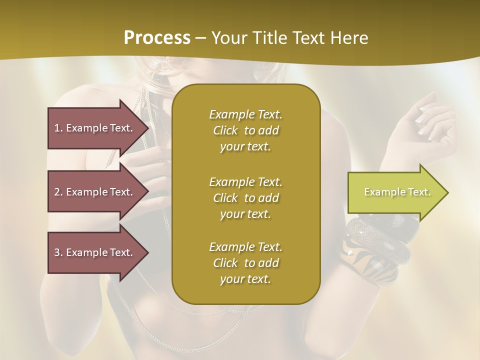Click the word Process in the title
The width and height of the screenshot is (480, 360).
[x=157, y=38]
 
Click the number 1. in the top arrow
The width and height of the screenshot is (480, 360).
[x=58, y=128]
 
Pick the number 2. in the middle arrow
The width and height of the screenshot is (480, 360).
[x=58, y=192]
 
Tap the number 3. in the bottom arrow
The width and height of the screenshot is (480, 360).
[x=58, y=252]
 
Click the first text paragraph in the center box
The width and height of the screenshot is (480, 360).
[x=245, y=130]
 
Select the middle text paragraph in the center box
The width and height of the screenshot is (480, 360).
[x=245, y=198]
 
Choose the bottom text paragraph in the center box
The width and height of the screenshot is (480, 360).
[x=245, y=263]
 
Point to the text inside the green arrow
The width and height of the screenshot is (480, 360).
[x=397, y=192]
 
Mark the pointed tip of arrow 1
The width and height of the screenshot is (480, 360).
[x=147, y=128]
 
